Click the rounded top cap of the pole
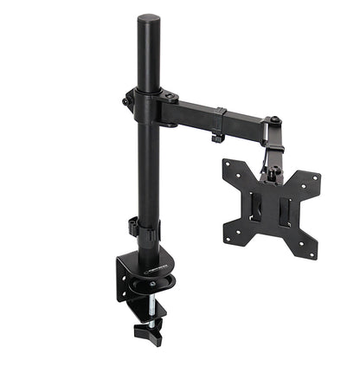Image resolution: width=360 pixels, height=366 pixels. point(149,19)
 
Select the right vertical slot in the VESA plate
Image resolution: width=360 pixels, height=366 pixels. point(285,214)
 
